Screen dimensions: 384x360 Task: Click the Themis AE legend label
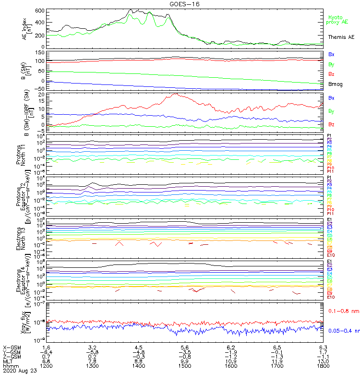pos(341,37)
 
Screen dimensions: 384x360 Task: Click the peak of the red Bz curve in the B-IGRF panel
pos(176,94)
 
